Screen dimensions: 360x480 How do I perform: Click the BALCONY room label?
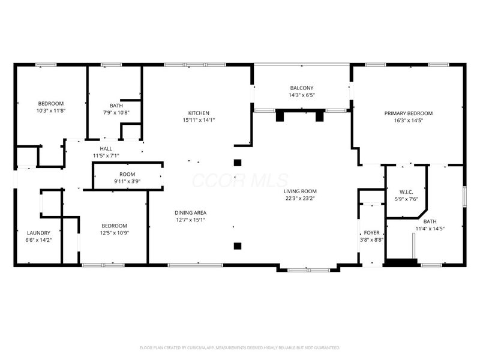pyautogui.click(x=302, y=88)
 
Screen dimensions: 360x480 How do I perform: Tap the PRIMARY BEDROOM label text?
pyautogui.click(x=408, y=113)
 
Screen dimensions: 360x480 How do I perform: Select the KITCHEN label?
pyautogui.click(x=199, y=113)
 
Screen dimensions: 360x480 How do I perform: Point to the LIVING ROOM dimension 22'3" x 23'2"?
pyautogui.click(x=300, y=199)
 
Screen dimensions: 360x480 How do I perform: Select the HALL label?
pyautogui.click(x=106, y=149)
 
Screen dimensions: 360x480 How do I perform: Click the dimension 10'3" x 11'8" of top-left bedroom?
pyautogui.click(x=51, y=110)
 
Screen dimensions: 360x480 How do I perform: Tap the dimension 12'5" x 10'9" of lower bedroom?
pyautogui.click(x=113, y=233)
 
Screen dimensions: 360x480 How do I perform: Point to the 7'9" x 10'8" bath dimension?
pyautogui.click(x=116, y=112)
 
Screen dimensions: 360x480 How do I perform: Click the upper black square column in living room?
pyautogui.click(x=238, y=162)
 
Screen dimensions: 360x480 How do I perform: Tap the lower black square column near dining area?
pyautogui.click(x=238, y=245)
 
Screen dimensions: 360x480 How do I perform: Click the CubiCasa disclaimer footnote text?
pyautogui.click(x=240, y=347)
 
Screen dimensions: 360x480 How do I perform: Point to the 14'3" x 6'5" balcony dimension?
pyautogui.click(x=302, y=95)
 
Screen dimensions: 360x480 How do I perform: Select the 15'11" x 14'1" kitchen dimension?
pyautogui.click(x=199, y=119)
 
